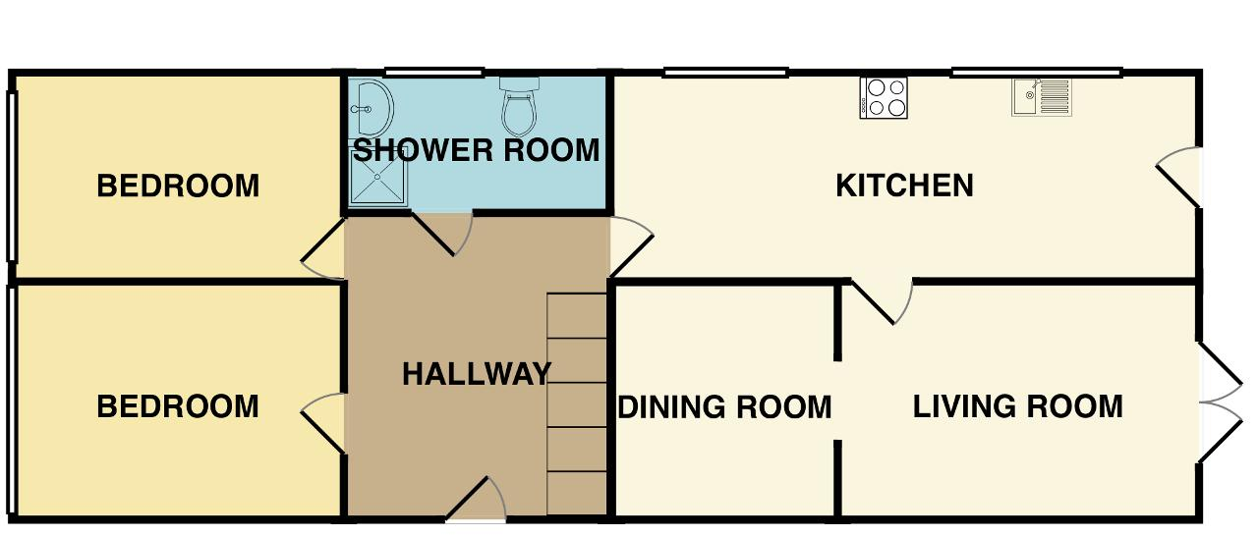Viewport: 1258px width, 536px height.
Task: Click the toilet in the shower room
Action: [x=520, y=107]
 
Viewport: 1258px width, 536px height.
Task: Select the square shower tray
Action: [x=378, y=177]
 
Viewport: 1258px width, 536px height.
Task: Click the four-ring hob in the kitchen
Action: [x=884, y=98]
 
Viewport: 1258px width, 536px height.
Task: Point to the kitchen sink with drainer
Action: [x=1042, y=97]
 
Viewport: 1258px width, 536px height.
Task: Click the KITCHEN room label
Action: [x=905, y=186]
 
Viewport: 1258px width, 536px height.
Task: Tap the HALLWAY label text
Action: [x=477, y=374]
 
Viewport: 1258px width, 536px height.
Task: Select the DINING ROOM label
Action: [x=724, y=407]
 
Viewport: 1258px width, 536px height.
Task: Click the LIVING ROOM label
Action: [x=1017, y=406]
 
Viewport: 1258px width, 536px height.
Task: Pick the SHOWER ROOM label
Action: [x=477, y=150]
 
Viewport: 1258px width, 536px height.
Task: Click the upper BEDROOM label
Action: [x=178, y=186]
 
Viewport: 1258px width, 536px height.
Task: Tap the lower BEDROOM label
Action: [x=178, y=406]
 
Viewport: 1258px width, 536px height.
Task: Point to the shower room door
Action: [x=442, y=234]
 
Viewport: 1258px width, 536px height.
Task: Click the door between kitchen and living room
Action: [x=882, y=301]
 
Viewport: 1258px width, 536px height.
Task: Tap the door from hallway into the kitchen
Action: [x=631, y=246]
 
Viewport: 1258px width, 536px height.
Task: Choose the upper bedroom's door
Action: [x=323, y=248]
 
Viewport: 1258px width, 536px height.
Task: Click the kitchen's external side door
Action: [x=1178, y=177]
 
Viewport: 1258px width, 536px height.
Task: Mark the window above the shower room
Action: [x=434, y=73]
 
